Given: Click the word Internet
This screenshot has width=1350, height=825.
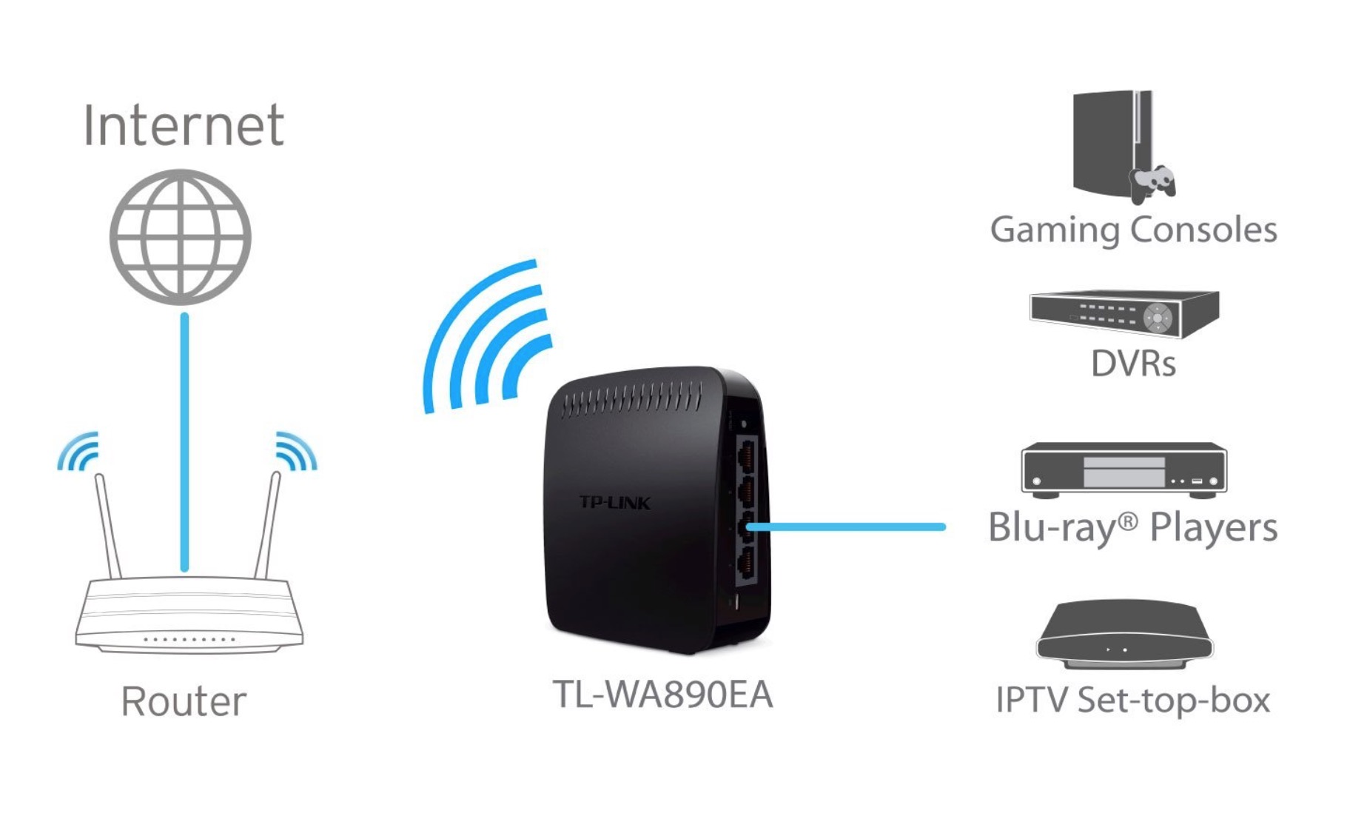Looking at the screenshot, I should [x=183, y=125].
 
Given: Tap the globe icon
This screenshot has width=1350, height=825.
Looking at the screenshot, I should [x=181, y=237].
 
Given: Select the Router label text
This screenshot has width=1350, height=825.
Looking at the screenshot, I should [x=183, y=701].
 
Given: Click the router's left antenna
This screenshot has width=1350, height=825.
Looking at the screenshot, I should [x=108, y=526].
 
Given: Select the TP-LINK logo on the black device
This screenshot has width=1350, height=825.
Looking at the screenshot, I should [x=614, y=503].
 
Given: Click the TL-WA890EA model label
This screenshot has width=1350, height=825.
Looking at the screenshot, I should [x=662, y=695].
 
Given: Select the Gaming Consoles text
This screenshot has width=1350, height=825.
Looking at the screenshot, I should [x=1133, y=230].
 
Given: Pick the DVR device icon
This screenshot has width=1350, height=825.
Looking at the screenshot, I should [x=1124, y=313].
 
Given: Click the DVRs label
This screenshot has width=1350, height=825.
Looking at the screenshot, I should [x=1133, y=364].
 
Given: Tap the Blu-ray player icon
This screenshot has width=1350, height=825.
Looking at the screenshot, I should [x=1124, y=469].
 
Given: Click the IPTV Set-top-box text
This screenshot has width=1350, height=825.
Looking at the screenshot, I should [x=1132, y=700].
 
